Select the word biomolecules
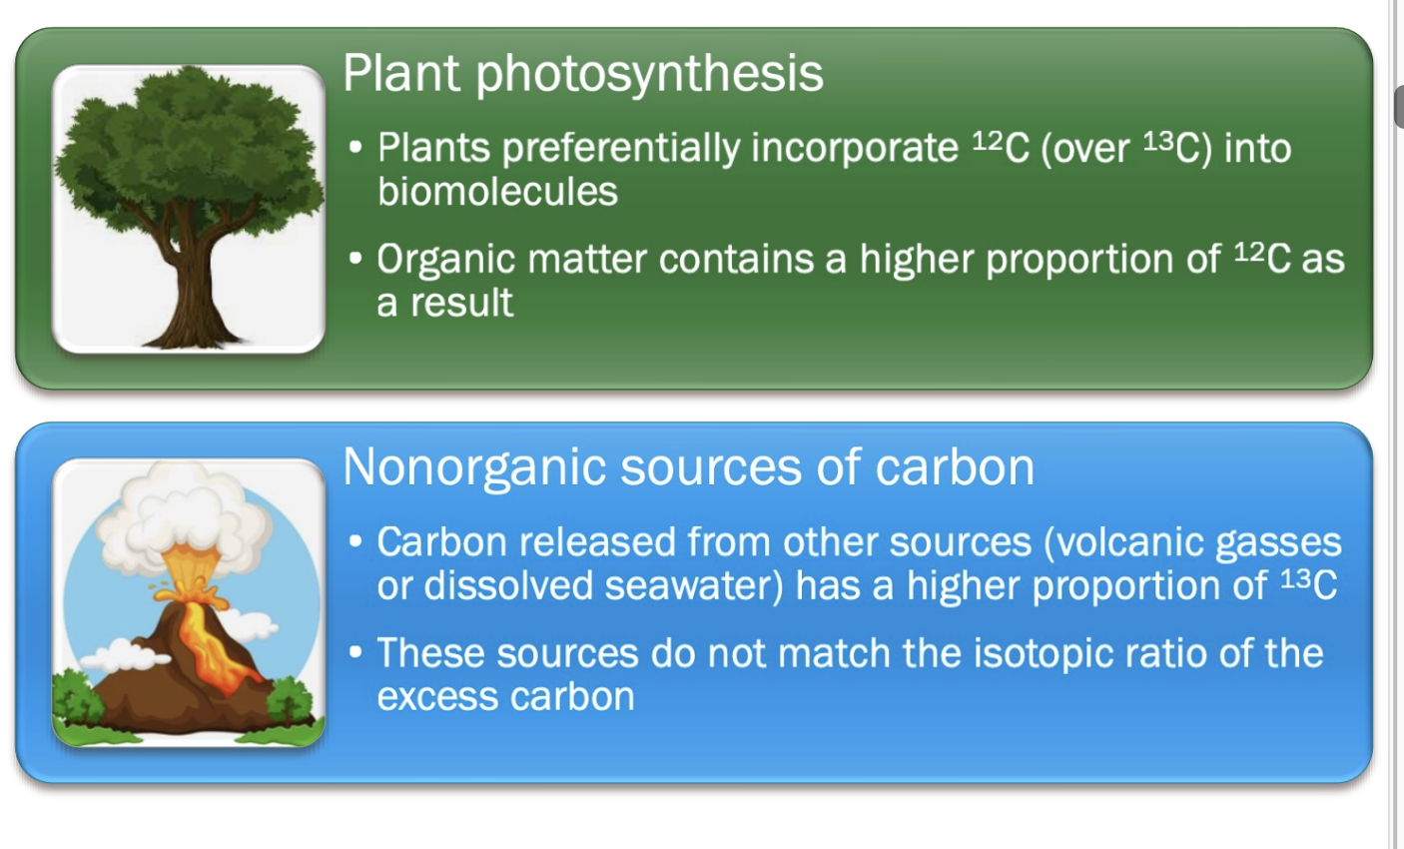coord(497,191)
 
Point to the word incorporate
coord(854,148)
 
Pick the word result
coord(467,303)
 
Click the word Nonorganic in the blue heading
coord(474,466)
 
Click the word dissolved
coord(506,585)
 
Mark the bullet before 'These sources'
coord(356,653)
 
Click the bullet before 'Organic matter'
coord(356,260)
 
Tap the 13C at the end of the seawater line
coord(1308,584)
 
